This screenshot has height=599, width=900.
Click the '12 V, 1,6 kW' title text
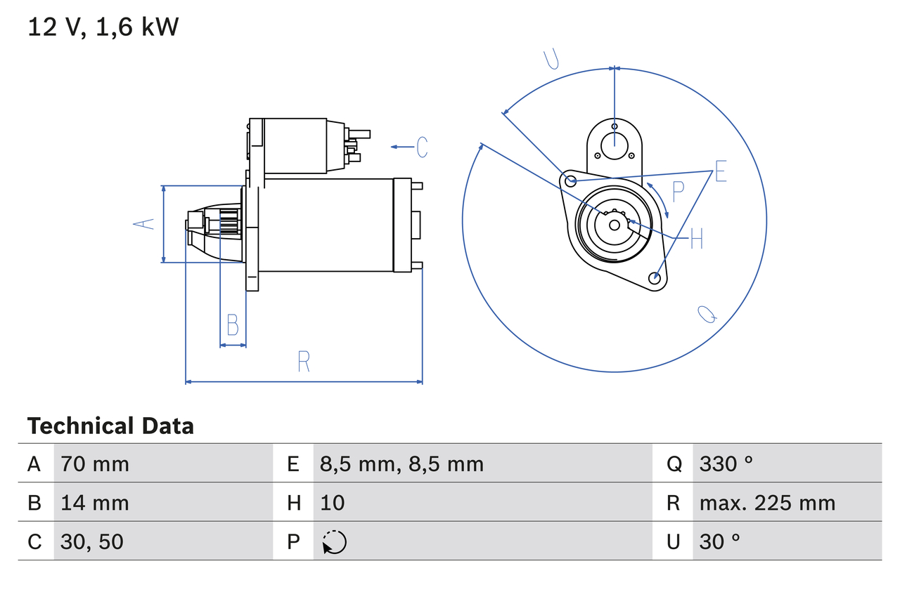[103, 27]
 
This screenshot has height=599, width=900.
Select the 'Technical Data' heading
[110, 426]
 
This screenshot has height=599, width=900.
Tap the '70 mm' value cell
[95, 463]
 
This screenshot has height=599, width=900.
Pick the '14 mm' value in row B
[95, 503]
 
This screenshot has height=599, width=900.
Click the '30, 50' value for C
[92, 541]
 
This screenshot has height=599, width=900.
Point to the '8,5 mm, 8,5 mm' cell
[401, 463]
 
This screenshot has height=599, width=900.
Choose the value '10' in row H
[333, 503]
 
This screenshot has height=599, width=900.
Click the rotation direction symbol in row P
[334, 542]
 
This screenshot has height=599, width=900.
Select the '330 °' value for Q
[726, 463]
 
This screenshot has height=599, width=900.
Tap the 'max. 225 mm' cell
[767, 503]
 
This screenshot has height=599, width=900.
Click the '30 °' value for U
[720, 541]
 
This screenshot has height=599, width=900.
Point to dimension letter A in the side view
[144, 224]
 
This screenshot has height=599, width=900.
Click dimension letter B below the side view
[233, 325]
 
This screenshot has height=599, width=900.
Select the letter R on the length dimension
[304, 362]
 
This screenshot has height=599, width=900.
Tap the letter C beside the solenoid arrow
[422, 147]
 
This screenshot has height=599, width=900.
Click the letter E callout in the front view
[720, 172]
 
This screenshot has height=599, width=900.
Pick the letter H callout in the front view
[696, 239]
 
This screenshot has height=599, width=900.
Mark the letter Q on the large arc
[707, 315]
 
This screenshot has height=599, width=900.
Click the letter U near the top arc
[553, 60]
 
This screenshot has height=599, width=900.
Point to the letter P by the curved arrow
[678, 190]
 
